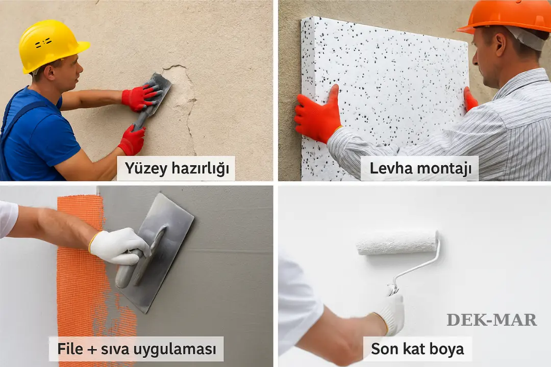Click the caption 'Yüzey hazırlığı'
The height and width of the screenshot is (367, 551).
click(176, 169)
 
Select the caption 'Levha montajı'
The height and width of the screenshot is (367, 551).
click(419, 169)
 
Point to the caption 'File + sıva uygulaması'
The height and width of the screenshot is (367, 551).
click(136, 349)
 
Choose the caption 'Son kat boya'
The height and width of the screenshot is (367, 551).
click(417, 349)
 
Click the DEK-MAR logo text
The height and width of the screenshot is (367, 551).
click(491, 320)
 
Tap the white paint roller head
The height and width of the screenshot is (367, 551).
click(396, 243)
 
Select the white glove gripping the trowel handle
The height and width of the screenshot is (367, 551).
click(118, 246)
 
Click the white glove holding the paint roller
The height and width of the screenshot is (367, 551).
click(390, 312)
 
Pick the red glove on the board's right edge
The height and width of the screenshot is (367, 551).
click(470, 100)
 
